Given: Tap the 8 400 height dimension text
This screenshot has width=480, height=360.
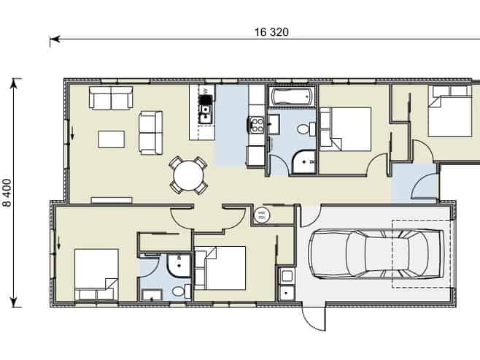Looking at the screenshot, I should (x=8, y=193).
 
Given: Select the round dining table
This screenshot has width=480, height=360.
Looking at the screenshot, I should (x=187, y=175).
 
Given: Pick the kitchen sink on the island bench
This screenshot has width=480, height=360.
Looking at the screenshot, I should (x=206, y=111).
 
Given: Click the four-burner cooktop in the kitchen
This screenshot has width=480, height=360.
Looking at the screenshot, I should (x=256, y=124).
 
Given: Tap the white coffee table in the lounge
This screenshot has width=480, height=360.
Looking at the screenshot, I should (x=112, y=139).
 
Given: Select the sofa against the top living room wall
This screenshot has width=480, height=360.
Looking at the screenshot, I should (x=110, y=97).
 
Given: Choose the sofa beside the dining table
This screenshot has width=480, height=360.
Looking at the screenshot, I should (x=151, y=132).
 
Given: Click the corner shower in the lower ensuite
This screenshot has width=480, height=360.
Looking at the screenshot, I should (x=176, y=264).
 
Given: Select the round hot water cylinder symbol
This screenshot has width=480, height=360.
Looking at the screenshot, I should (x=263, y=215).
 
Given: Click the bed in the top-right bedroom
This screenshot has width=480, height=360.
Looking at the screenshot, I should (x=451, y=112).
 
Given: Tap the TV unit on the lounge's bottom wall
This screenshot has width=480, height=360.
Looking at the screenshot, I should (x=111, y=199).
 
